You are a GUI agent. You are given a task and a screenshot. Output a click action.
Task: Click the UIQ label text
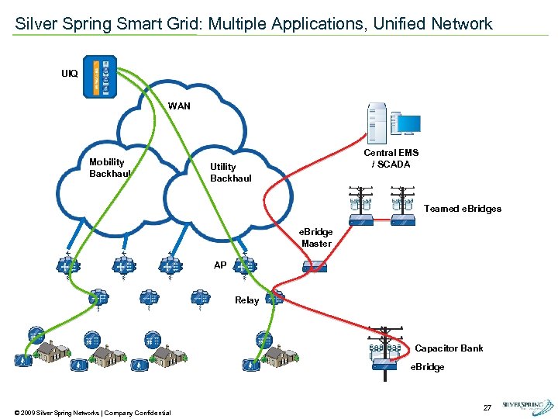[x=70, y=74]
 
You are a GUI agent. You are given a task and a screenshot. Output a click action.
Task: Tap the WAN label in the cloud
[x=180, y=106]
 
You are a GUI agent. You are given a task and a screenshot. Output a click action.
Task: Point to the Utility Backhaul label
[x=231, y=172]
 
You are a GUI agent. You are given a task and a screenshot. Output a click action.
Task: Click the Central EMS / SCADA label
[x=391, y=158]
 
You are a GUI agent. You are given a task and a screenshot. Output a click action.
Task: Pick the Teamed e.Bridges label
[x=463, y=209]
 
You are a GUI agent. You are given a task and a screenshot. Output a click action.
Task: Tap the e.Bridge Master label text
[x=316, y=238]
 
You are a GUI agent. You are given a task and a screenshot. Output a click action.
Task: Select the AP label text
[x=220, y=265]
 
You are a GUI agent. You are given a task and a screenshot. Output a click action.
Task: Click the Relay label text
[x=246, y=300]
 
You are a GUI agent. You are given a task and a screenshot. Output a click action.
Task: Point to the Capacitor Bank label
[x=449, y=348]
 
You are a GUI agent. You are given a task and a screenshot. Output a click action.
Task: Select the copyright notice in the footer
[x=92, y=412]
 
